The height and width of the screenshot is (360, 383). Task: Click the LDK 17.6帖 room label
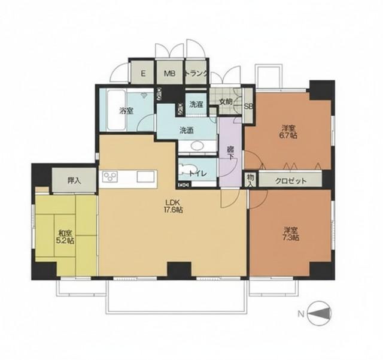pos(173,206)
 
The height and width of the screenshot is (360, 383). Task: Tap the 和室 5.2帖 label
pos(65,237)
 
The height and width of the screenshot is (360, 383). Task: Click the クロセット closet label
pos(291,181)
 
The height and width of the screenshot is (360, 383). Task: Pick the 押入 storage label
pos(74,181)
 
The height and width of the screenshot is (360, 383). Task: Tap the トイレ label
pos(198,174)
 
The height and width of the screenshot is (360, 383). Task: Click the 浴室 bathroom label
pos(126,111)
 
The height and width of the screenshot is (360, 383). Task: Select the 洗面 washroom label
pos(187,131)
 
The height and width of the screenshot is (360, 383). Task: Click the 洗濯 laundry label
pos(196,104)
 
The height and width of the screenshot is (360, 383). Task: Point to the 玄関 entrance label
pos(226,101)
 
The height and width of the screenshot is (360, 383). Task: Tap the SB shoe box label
pos(249,107)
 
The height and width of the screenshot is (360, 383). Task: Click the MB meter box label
pos(169,73)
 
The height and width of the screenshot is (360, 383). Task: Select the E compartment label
pos(143,73)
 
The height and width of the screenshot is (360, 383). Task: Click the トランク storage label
pos(196,73)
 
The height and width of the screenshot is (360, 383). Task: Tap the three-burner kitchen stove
pos(110,176)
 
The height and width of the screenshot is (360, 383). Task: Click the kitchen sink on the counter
pos(145,177)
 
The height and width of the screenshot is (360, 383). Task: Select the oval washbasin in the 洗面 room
pos(197,146)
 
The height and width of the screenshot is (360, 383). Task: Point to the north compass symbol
pos(320,313)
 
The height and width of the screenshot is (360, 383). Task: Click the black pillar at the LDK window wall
pos(179,271)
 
